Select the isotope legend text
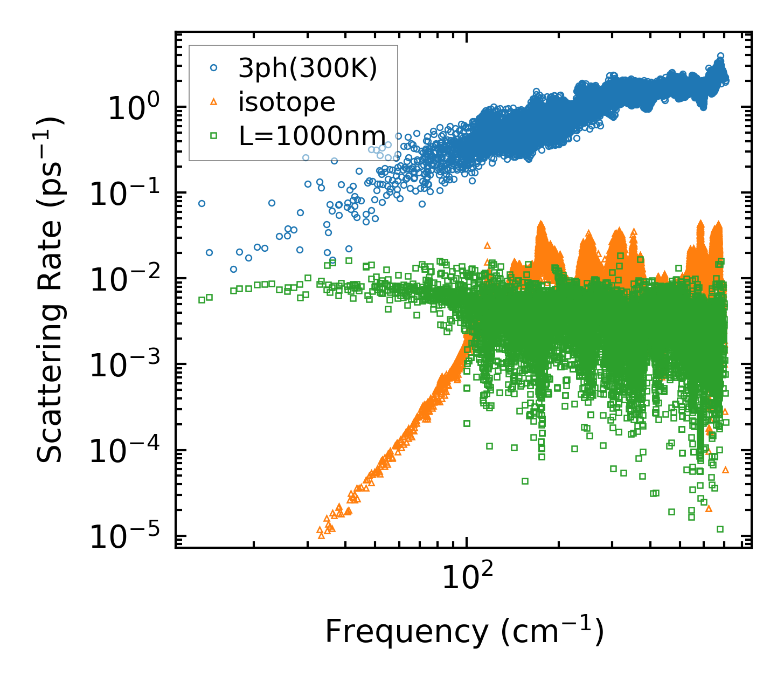tap(287, 102)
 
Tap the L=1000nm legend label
tap(312, 136)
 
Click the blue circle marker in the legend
tap(213, 68)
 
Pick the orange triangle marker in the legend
tap(213, 102)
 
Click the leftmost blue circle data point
tap(202, 203)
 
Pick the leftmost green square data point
tap(202, 300)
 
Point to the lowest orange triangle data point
tap(321, 535)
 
